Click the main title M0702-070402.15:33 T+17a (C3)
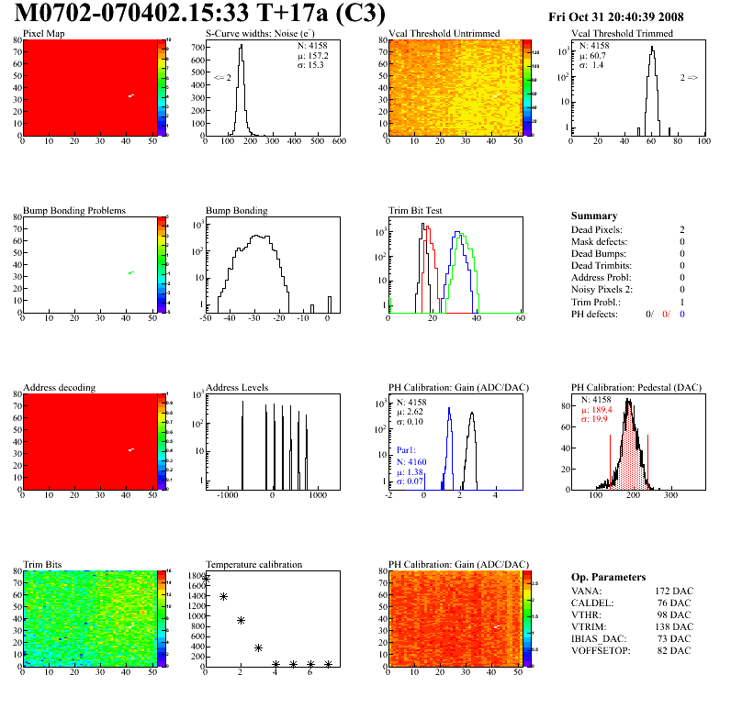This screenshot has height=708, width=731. pos(200,15)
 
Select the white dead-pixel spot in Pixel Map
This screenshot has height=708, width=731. pos(131,95)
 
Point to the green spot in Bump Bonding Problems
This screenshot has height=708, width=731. pos(131,272)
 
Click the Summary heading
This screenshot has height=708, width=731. pos(594,216)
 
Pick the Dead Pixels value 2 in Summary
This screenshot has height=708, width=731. pos(681,229)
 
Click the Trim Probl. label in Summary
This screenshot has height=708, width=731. pos(595,302)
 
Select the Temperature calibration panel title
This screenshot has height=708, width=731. pos(253,565)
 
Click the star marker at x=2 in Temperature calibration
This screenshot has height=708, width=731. pos(241,620)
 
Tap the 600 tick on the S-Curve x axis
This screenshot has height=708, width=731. pos(338,142)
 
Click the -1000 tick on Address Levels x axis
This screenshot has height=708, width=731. pos(226,495)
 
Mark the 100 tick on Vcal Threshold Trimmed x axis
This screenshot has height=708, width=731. pos(703,142)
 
